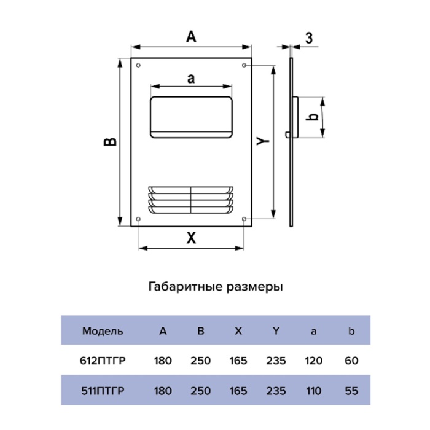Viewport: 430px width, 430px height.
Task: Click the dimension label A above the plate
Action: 191,36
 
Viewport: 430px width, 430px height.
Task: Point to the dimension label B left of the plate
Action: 110,142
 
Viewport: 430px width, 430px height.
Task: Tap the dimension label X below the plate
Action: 192,238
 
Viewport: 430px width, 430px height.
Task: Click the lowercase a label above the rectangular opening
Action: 191,79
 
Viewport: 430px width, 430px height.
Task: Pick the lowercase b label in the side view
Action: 312,117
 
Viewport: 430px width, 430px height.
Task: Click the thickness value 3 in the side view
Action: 309,38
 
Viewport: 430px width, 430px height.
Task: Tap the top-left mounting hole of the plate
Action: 138,65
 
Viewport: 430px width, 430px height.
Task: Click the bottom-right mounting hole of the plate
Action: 244,219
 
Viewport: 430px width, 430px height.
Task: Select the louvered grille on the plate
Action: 191,200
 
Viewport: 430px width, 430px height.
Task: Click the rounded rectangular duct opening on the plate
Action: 192,117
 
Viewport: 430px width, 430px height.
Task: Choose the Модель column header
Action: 103,331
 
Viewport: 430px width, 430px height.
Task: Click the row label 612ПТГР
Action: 103,361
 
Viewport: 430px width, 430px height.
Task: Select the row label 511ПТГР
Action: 103,391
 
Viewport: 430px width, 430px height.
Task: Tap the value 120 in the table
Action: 313,361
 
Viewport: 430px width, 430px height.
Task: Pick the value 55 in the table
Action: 351,391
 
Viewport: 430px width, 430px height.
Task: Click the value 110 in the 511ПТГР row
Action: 313,391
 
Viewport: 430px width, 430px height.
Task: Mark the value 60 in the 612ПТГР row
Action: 351,361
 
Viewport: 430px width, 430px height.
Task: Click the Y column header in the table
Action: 276,331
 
